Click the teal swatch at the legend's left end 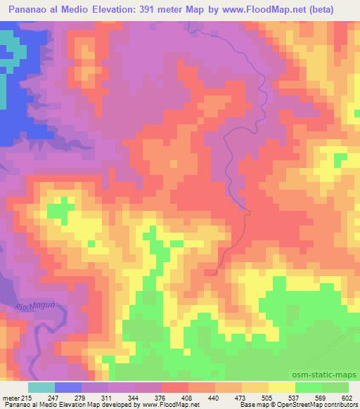pos(41,387)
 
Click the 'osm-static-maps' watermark pos(330,375)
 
